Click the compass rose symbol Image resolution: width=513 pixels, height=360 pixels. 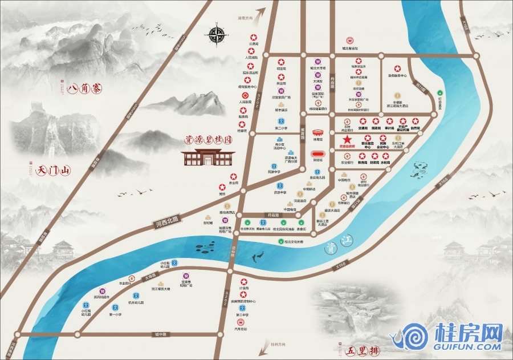(x=218, y=35)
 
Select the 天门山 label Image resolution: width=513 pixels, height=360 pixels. (x=52, y=170)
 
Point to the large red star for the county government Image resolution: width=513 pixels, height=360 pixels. (x=347, y=140)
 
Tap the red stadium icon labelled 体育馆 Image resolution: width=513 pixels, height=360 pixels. (x=316, y=132)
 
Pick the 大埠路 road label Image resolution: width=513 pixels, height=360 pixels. (x=149, y=276)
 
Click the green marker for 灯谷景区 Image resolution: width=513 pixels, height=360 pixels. (x=439, y=92)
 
